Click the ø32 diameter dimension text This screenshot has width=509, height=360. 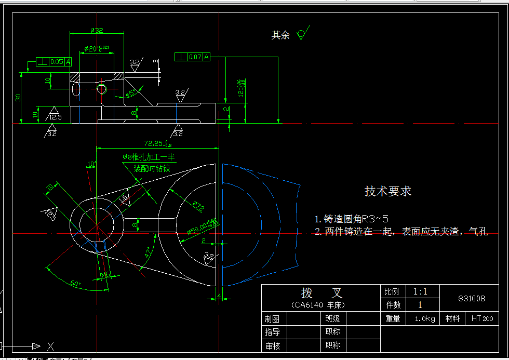(97, 30)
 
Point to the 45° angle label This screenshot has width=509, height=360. (130, 94)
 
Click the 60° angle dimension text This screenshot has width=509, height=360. (75, 284)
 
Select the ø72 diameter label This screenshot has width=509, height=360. (198, 206)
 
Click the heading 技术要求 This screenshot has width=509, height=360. (387, 192)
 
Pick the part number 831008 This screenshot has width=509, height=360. (471, 298)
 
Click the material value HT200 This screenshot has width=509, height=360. (482, 318)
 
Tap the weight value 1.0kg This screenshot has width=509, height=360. (425, 319)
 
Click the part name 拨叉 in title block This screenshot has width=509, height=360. (321, 292)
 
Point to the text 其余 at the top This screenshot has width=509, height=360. (280, 35)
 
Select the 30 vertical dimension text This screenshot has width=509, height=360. (18, 98)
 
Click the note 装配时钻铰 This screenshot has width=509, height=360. (152, 168)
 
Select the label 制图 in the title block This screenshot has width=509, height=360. (272, 318)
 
